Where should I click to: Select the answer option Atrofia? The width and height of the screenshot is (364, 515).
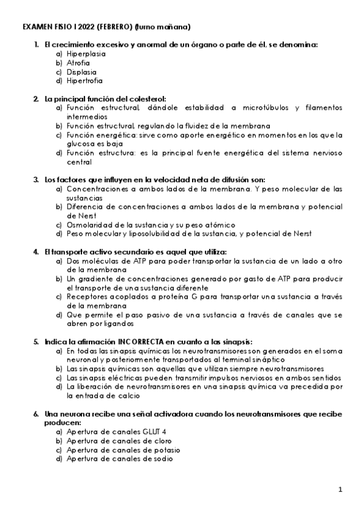(78, 63)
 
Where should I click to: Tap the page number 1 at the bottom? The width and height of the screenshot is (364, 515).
(341, 489)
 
